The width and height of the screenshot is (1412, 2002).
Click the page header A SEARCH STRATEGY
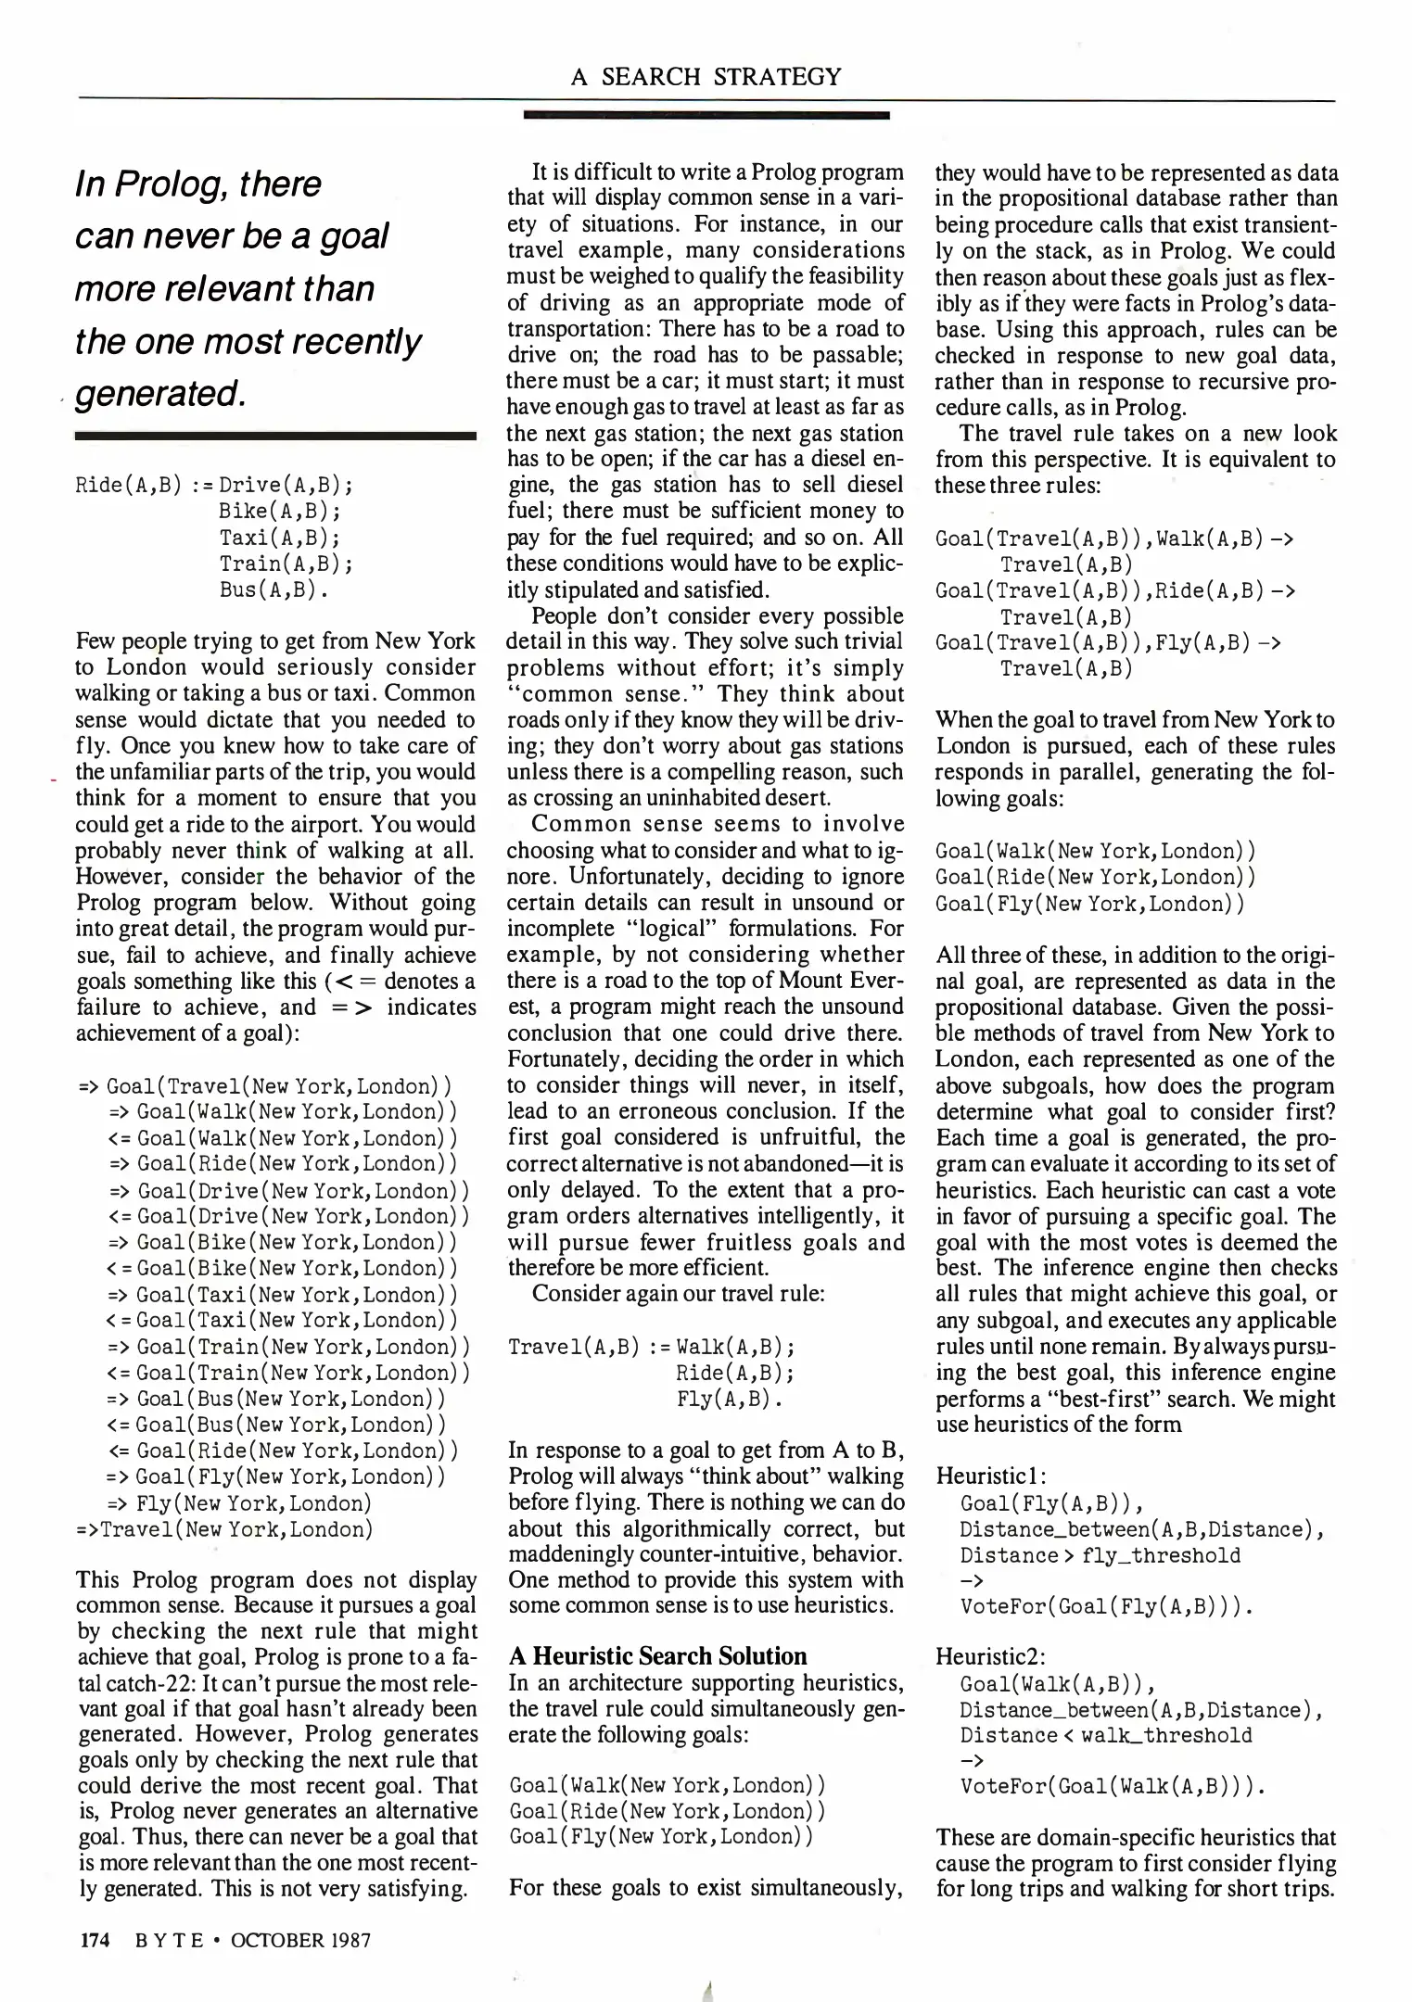click(706, 76)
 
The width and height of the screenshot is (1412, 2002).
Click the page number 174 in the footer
click(93, 1940)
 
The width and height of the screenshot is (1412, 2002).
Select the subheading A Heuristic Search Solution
click(658, 1656)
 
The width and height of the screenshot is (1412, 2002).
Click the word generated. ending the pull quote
click(159, 393)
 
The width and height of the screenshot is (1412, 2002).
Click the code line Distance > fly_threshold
click(1100, 1555)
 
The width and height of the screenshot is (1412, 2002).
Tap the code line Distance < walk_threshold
click(1105, 1735)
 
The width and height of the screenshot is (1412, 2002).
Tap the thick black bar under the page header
click(706, 115)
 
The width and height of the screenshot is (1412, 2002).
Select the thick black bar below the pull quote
click(275, 435)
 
